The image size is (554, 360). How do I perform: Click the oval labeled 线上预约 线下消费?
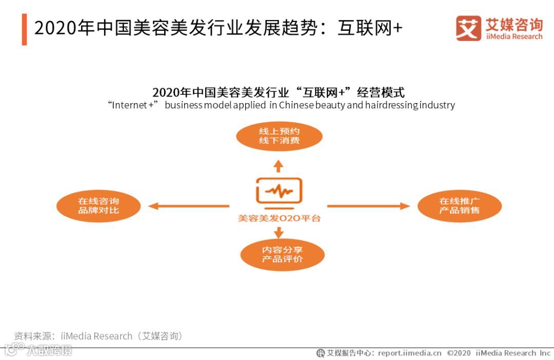pyautogui.click(x=279, y=136)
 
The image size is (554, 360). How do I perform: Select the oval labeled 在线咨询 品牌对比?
pyautogui.click(x=98, y=206)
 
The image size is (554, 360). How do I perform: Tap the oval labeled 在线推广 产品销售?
pyautogui.click(x=459, y=206)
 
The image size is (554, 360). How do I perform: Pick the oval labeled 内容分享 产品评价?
pyautogui.click(x=282, y=254)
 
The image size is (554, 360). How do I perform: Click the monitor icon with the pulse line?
pyautogui.click(x=279, y=192)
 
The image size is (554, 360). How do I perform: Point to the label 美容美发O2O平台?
pyautogui.click(x=279, y=218)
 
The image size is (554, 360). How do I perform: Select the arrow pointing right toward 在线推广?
pyautogui.click(x=368, y=206)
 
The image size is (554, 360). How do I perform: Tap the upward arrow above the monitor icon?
pyautogui.click(x=278, y=165)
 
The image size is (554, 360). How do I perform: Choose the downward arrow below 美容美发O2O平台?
pyautogui.click(x=279, y=232)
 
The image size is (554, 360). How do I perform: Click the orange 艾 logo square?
pyautogui.click(x=468, y=28)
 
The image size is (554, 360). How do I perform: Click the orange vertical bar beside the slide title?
pyautogui.click(x=24, y=30)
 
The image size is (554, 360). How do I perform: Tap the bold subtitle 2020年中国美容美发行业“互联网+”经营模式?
pyautogui.click(x=278, y=93)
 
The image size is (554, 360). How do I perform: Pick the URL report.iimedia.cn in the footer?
pyautogui.click(x=409, y=353)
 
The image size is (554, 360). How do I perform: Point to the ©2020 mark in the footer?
pyautogui.click(x=459, y=353)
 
